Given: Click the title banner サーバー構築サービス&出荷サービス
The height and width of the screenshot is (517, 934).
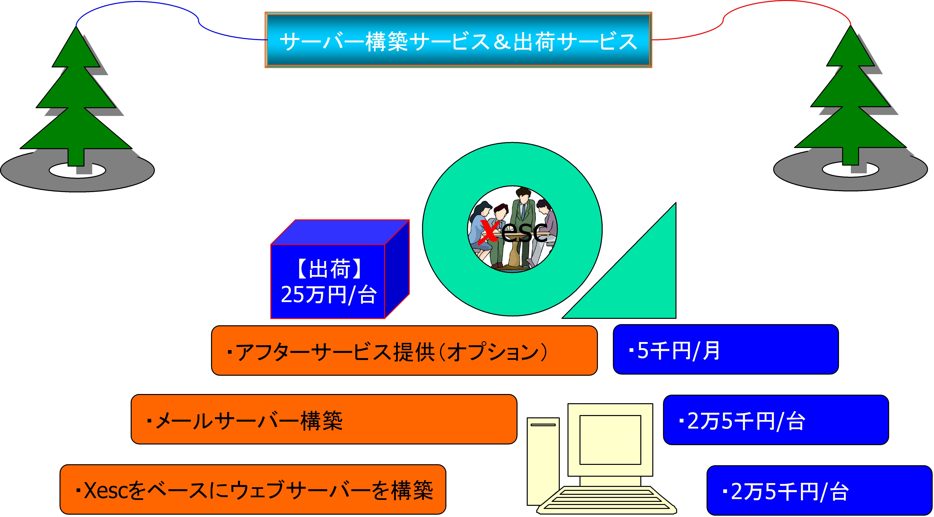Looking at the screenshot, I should click(458, 40).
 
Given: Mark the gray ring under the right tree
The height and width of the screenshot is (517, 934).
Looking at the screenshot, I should click(798, 174).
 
